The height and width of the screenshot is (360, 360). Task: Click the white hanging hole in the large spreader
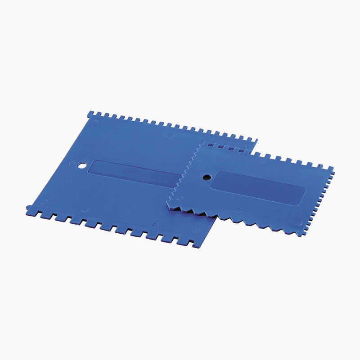tap(81, 166)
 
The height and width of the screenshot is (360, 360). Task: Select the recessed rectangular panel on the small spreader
tap(257, 187)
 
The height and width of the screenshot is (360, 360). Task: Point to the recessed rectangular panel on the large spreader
tap(135, 174)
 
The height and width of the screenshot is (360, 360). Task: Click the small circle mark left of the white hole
tap(72, 163)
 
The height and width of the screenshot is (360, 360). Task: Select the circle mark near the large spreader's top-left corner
tap(95, 122)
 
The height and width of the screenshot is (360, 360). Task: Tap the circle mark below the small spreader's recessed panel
tap(238, 210)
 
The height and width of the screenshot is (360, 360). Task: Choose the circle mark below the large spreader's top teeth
tap(170, 135)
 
